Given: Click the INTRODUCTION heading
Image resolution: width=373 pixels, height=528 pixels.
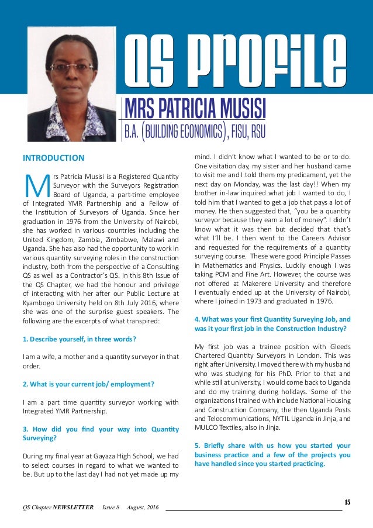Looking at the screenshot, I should point(53,158).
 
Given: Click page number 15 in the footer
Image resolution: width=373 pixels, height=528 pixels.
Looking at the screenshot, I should point(347,502).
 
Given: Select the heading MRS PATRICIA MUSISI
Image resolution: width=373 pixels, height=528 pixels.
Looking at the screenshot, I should point(195,108).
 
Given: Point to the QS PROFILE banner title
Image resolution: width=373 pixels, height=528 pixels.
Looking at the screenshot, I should point(234,59).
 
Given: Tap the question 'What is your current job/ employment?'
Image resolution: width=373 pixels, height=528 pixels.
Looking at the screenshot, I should point(88,384).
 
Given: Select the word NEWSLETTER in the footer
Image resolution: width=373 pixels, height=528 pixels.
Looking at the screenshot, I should point(72,507).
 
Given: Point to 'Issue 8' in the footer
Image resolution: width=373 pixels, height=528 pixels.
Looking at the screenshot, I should point(111,507).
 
